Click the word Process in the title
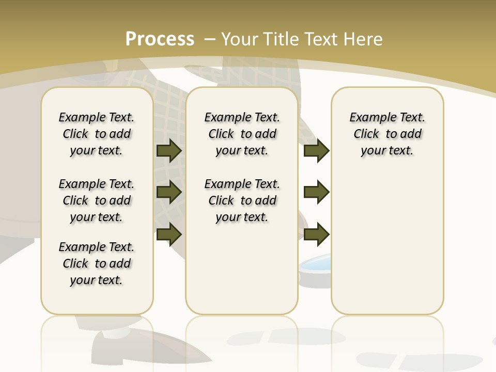click(x=160, y=39)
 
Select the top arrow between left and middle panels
click(x=169, y=150)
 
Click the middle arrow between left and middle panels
click(x=169, y=192)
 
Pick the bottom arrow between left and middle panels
click(x=169, y=235)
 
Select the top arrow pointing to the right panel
click(x=316, y=150)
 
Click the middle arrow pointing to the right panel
click(x=316, y=192)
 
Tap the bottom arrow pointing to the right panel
click(x=316, y=235)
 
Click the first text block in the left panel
click(x=97, y=134)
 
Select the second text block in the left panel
click(x=97, y=200)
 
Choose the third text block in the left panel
click(x=97, y=263)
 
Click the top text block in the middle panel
click(x=242, y=134)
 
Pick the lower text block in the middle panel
click(x=242, y=200)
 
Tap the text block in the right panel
click(x=387, y=134)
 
